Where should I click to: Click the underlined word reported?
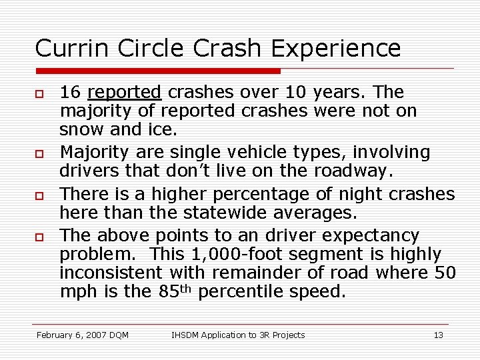coord(124,91)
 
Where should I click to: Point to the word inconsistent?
coord(111,273)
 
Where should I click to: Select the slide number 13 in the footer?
coord(438,335)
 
